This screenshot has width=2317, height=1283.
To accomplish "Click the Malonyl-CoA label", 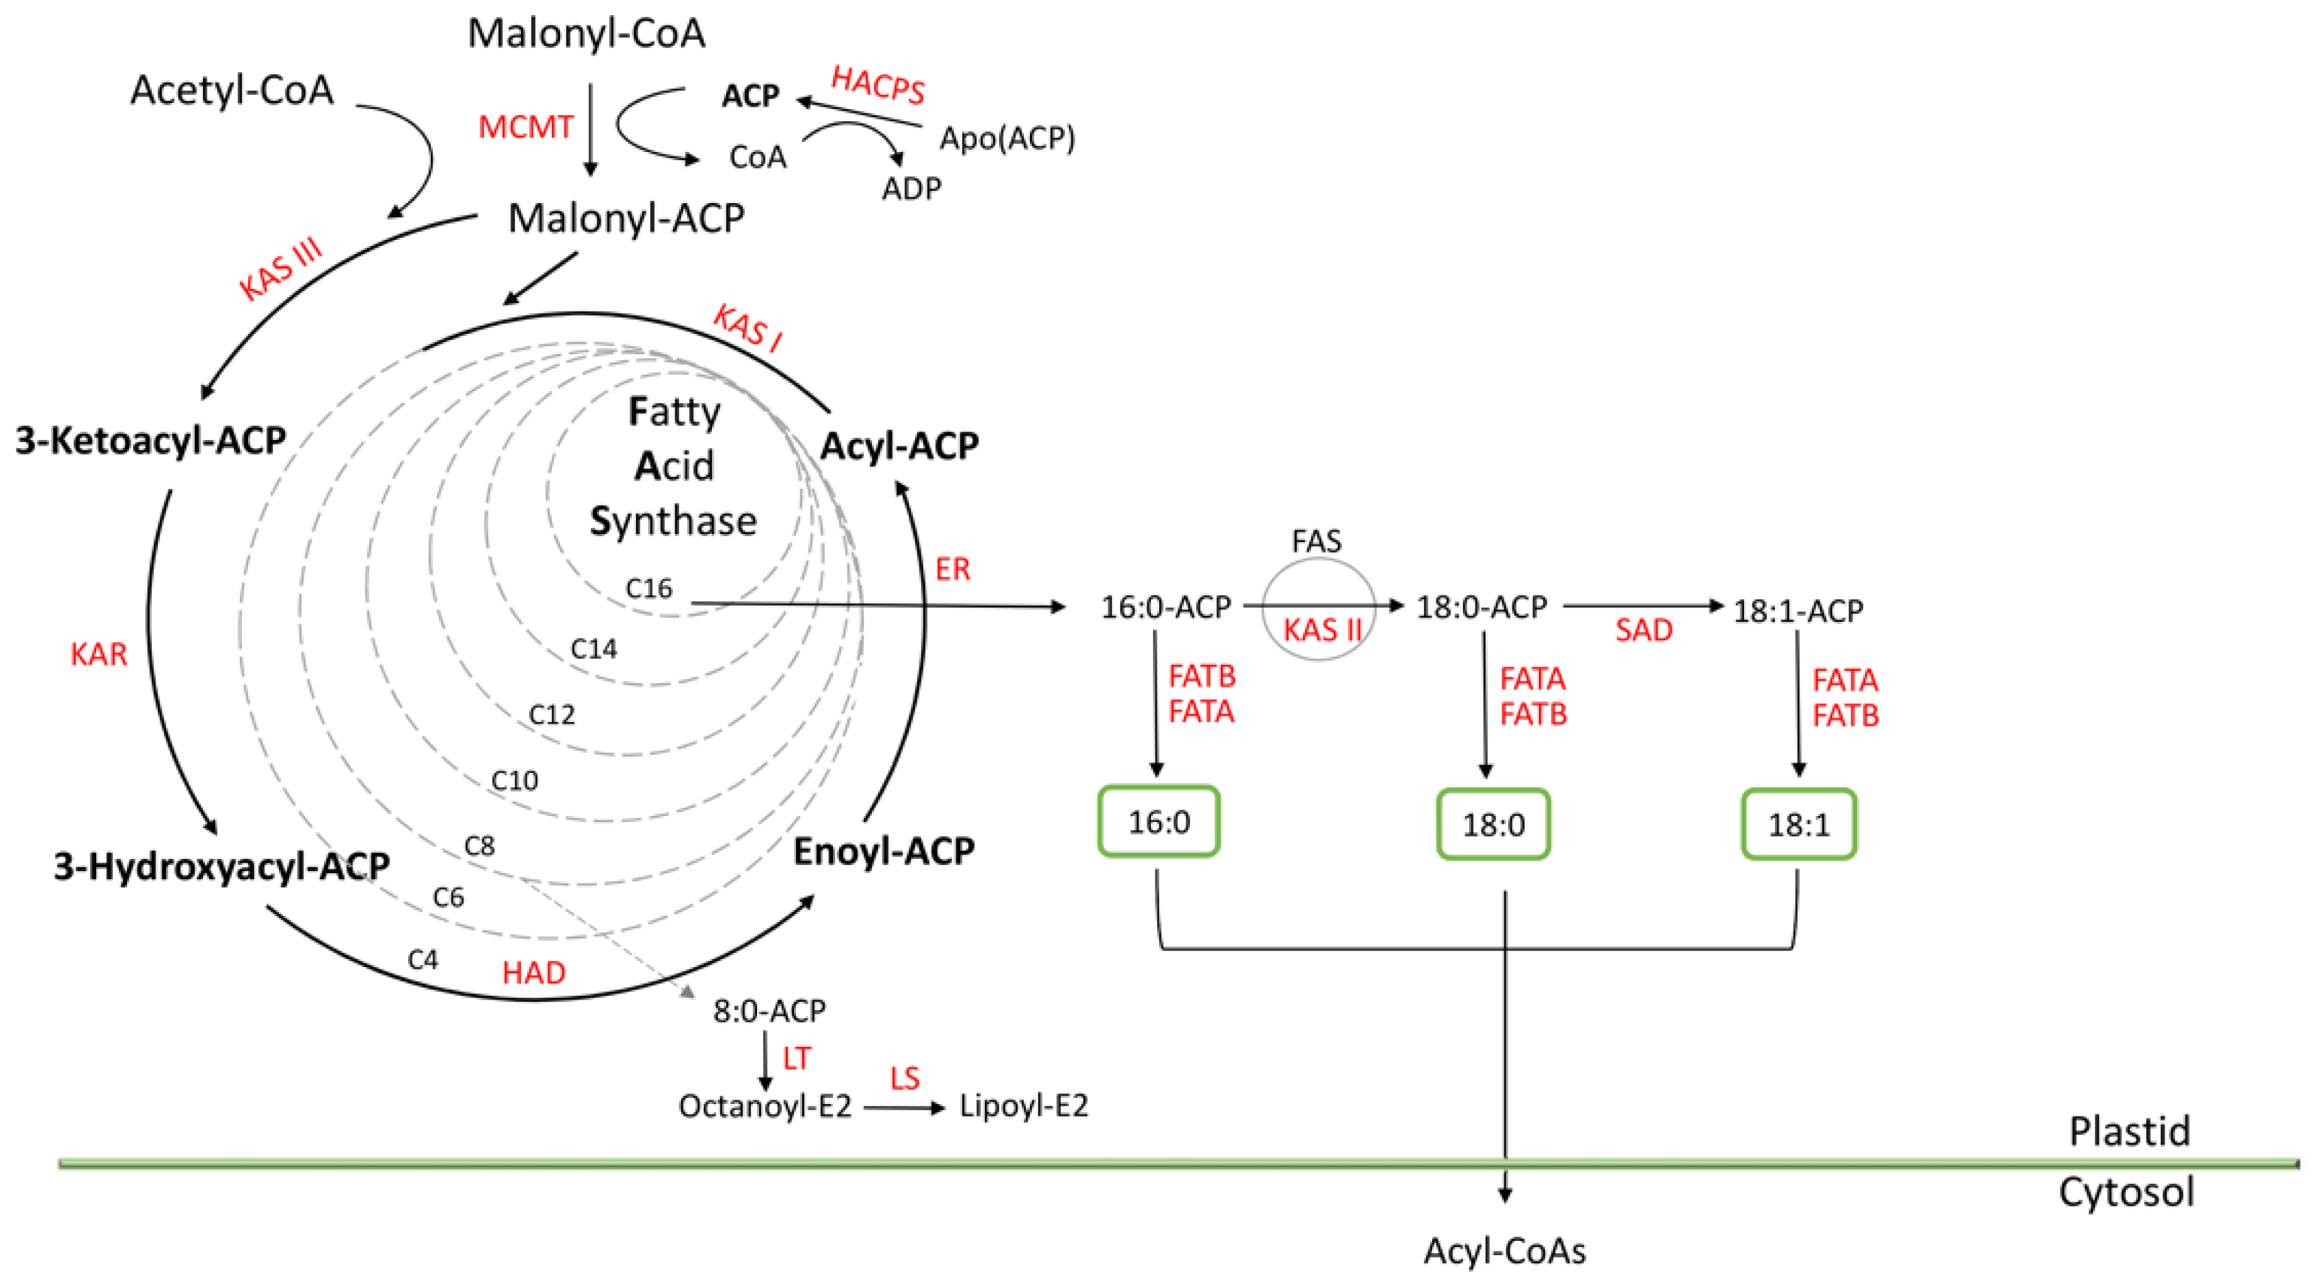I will coord(586,33).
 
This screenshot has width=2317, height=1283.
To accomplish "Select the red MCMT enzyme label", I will coord(525,128).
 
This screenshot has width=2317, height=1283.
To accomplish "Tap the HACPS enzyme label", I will coord(878,86).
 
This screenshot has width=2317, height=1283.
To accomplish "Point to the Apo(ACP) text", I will coord(1007,138).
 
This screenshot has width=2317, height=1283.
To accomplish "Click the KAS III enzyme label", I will coord(280,269).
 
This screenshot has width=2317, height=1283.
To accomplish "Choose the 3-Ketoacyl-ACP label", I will coord(151,440).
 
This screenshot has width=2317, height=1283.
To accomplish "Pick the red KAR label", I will coord(99,654).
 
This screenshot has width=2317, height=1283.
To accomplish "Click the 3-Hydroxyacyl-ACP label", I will coord(221,866).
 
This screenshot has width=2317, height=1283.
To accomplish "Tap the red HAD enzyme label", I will coord(533,972).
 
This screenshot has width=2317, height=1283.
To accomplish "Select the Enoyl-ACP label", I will coord(883,851).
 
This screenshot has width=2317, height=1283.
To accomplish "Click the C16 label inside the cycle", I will coord(649,588).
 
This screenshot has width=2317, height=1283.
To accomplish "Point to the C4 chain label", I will coord(423,960).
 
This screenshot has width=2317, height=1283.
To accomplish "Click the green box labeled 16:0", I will coord(1158,821).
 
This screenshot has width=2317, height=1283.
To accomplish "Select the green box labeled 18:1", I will coord(1799,824).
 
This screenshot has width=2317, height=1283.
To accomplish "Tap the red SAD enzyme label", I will coord(1643,629).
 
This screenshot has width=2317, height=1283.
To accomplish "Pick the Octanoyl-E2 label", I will coord(765,1106).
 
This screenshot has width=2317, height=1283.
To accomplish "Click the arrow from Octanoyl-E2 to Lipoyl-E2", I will coord(904,1108).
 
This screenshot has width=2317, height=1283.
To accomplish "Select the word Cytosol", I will coord(2126,1192).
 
